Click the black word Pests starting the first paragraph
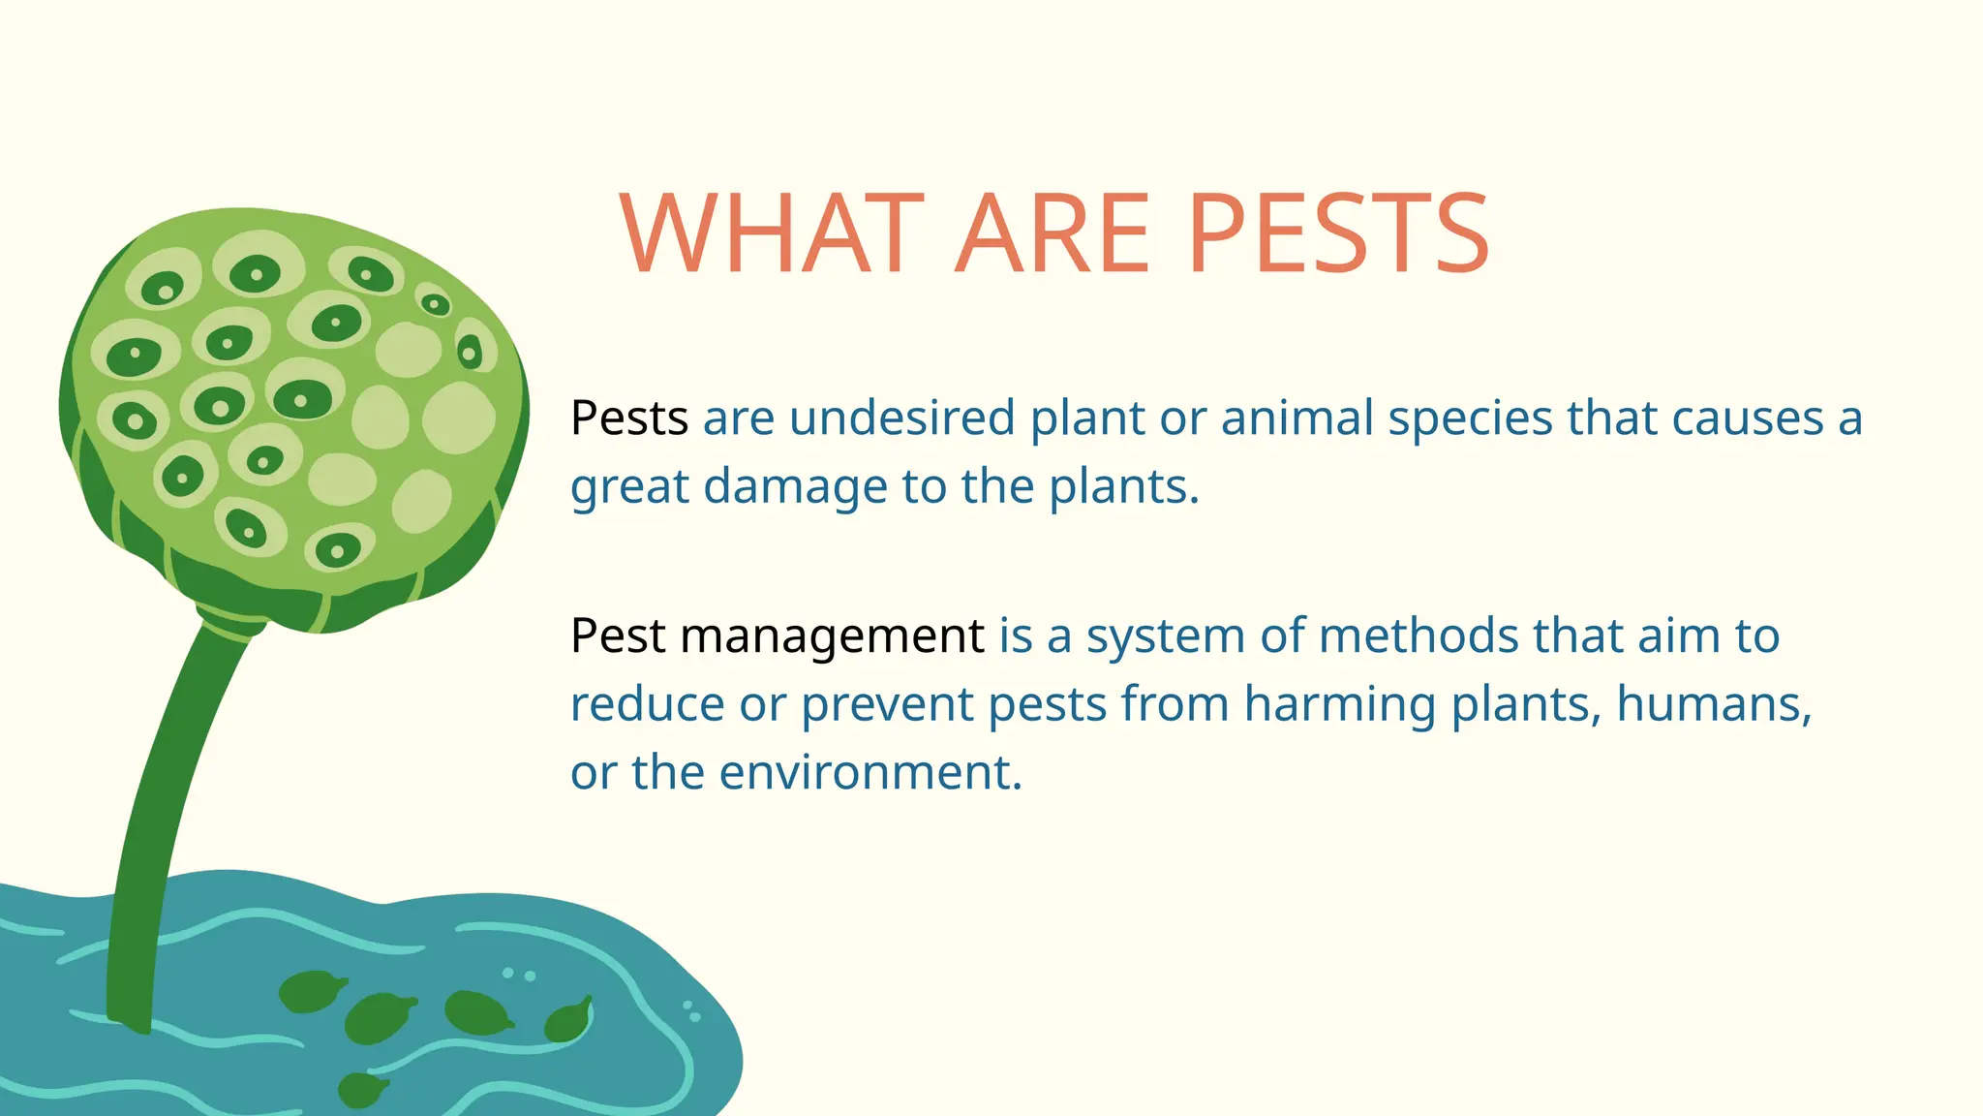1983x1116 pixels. point(629,418)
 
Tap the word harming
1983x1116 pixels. point(1339,705)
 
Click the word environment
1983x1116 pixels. point(869,773)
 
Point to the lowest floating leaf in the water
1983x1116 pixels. point(361,1090)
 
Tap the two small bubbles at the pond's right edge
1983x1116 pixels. point(691,1011)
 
